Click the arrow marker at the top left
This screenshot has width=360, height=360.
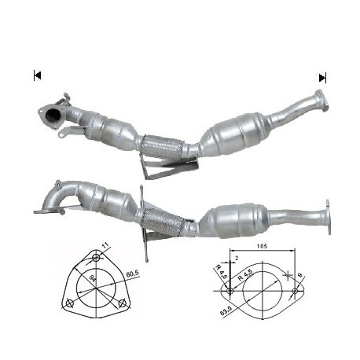[37, 75]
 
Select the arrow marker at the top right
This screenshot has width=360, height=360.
[322, 77]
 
